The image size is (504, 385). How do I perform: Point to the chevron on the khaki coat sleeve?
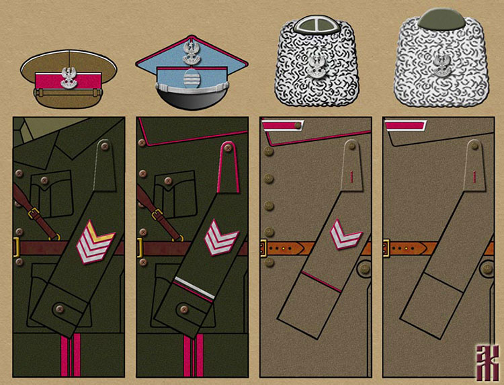tap(345, 239)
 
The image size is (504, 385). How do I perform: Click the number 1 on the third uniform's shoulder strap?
tap(351, 176)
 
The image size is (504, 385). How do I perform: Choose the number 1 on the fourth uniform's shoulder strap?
tap(474, 176)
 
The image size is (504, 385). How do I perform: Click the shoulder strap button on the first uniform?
tap(104, 144)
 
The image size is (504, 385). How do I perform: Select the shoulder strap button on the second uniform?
tap(227, 146)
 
